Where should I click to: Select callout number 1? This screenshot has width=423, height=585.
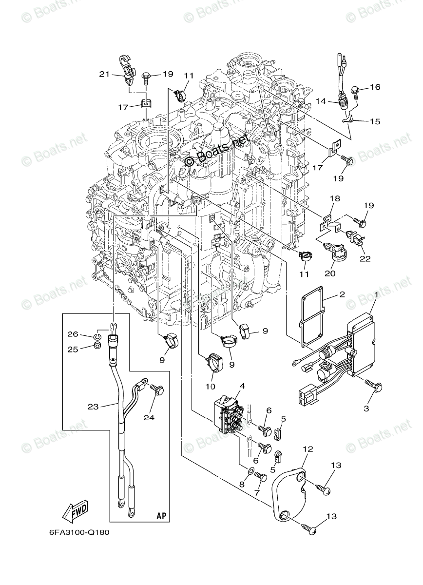pyautogui.click(x=376, y=308)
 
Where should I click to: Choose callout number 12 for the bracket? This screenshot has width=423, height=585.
pyautogui.click(x=308, y=449)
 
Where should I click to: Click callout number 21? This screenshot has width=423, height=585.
pyautogui.click(x=104, y=74)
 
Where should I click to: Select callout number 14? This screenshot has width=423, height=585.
pyautogui.click(x=320, y=101)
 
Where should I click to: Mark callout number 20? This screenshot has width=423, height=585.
pyautogui.click(x=330, y=273)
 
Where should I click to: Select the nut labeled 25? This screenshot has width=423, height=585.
pyautogui.click(x=96, y=346)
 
